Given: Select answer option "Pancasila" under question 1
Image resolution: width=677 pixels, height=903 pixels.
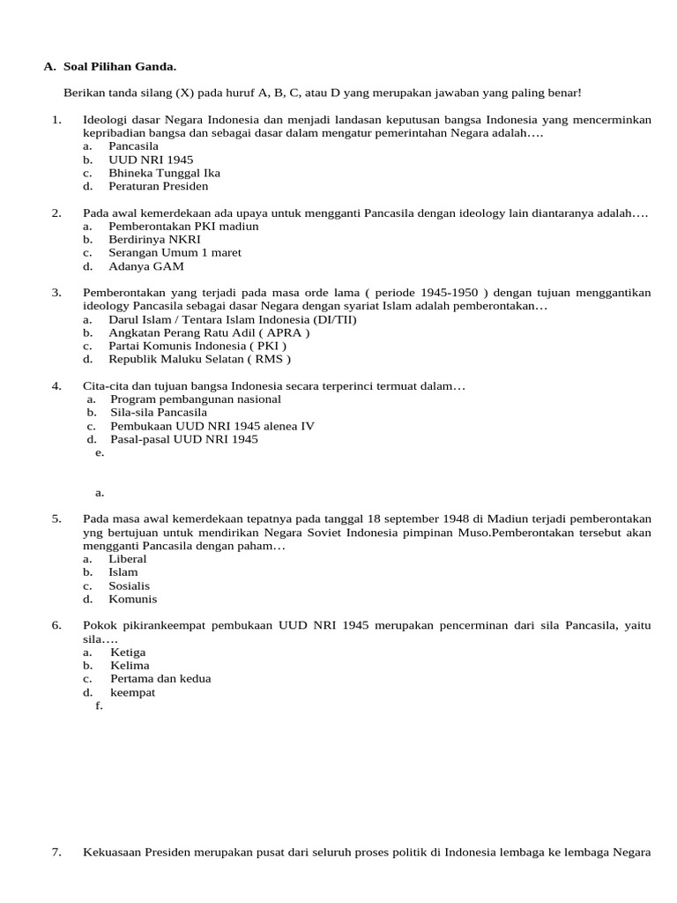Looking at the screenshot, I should [x=133, y=146].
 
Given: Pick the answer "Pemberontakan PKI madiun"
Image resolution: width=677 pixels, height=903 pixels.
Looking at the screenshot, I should [x=183, y=226].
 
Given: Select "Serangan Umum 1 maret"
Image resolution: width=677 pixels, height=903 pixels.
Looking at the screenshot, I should [x=175, y=252].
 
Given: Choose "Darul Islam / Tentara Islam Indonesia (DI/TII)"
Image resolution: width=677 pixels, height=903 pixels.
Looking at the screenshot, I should [x=232, y=319].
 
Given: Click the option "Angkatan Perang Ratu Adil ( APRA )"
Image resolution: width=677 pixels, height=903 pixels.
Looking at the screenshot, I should [x=209, y=332].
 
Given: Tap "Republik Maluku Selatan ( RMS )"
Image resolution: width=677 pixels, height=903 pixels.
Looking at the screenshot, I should [x=199, y=359].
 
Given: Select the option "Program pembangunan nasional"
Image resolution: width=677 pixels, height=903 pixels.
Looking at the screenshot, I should [x=196, y=399].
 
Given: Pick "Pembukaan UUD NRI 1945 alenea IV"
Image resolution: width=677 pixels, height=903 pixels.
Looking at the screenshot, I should [x=212, y=426].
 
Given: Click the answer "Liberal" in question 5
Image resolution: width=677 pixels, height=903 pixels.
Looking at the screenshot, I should [x=128, y=558].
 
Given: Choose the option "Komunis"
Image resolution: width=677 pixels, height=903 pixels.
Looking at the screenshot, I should [x=132, y=599].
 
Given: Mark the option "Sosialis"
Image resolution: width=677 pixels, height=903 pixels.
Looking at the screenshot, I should [x=129, y=586].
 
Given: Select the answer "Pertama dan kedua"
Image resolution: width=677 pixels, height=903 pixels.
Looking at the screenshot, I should [x=160, y=679].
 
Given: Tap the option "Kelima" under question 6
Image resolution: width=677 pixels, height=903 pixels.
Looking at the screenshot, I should [x=130, y=665].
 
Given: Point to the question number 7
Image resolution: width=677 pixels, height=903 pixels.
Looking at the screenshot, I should [x=56, y=852].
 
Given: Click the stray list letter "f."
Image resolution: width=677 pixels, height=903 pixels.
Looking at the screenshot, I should [x=99, y=705].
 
